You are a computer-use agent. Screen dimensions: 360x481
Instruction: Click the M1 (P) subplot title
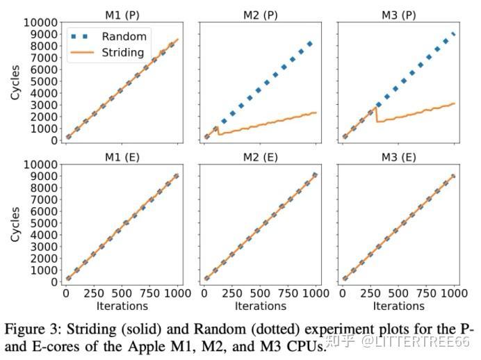[x=122, y=13]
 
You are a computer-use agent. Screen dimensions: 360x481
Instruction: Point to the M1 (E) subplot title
[x=122, y=156]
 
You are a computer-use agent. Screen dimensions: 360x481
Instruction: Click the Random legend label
[x=123, y=36]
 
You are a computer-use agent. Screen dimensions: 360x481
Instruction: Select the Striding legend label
[x=123, y=52]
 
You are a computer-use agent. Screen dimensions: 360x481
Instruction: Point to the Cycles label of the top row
[x=15, y=82]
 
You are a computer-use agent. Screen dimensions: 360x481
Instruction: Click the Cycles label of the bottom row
[x=15, y=224]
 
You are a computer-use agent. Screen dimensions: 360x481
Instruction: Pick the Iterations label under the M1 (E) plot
[x=122, y=305]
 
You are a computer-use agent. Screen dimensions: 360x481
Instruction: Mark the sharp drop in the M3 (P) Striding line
[x=377, y=115]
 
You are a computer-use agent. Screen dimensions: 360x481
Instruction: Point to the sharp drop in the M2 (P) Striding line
[x=218, y=131]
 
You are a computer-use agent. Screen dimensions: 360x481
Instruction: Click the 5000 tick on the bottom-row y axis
[x=35, y=223]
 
